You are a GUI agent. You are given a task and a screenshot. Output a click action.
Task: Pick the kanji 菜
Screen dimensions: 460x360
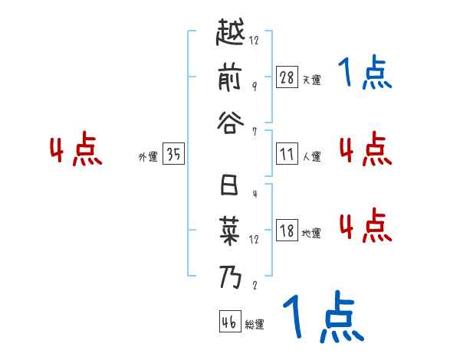[x=230, y=230]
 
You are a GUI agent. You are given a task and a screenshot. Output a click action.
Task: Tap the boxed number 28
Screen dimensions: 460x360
[x=287, y=77]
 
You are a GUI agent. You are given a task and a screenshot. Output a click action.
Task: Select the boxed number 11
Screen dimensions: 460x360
[x=287, y=154]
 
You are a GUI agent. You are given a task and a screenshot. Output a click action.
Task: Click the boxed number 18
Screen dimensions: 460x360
[x=287, y=231]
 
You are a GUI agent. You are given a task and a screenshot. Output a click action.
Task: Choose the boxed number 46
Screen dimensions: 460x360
[x=229, y=322]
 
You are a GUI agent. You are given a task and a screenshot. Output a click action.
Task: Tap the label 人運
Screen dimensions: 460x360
[x=311, y=156]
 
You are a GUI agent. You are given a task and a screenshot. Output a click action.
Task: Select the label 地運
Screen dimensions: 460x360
[x=311, y=233]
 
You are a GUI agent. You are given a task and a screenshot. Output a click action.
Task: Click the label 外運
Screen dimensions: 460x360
[x=147, y=156]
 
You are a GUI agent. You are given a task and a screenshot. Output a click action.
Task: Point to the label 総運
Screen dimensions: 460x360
[x=255, y=325]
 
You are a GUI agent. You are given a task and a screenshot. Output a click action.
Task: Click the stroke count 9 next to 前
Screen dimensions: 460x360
[x=254, y=86]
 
